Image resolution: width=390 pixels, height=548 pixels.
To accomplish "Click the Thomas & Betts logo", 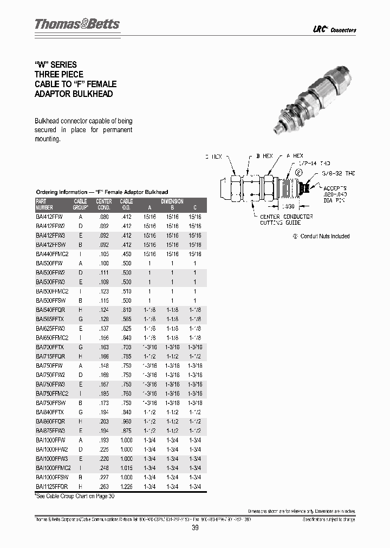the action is (x=77, y=24).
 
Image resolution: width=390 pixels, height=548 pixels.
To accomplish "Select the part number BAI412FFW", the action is (x=50, y=217).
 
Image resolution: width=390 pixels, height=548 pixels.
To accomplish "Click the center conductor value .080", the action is (x=104, y=217).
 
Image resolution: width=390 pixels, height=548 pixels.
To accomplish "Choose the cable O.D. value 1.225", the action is (x=126, y=486).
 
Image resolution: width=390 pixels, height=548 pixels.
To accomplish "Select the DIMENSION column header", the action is (x=172, y=201).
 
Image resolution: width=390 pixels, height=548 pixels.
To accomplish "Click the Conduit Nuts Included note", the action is (x=322, y=236).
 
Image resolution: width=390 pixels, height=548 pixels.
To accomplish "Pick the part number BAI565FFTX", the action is (x=50, y=319).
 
